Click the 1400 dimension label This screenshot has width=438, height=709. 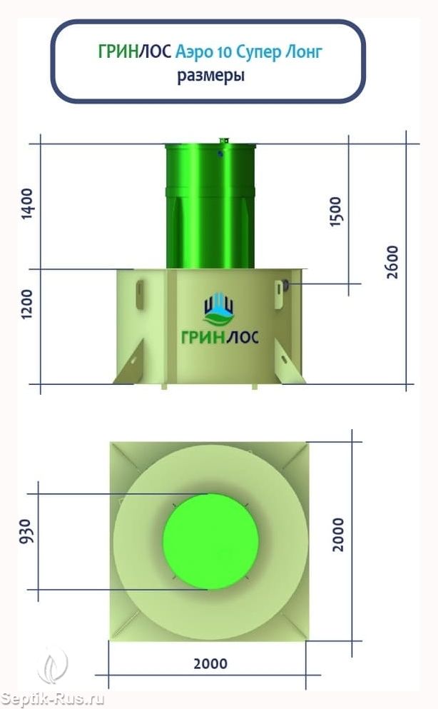(x=28, y=203)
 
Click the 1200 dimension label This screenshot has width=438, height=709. (x=28, y=304)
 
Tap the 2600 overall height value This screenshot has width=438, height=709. (x=392, y=262)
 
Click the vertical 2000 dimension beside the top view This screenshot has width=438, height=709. (x=337, y=535)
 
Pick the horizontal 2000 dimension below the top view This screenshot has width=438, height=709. (x=210, y=664)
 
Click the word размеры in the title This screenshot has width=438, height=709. (x=211, y=76)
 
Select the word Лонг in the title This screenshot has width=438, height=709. (x=303, y=52)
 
